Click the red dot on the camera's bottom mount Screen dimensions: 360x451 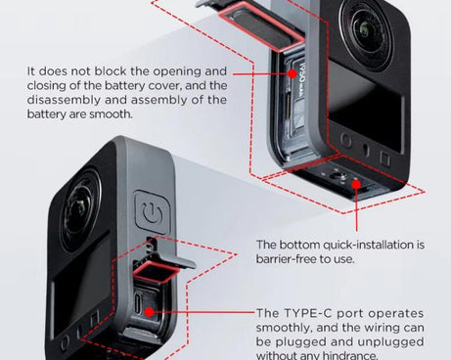coord(352,182)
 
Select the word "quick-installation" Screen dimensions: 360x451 coord(362,244)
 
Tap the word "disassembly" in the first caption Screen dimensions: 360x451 coord(68,99)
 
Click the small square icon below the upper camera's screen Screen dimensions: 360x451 coord(384,157)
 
